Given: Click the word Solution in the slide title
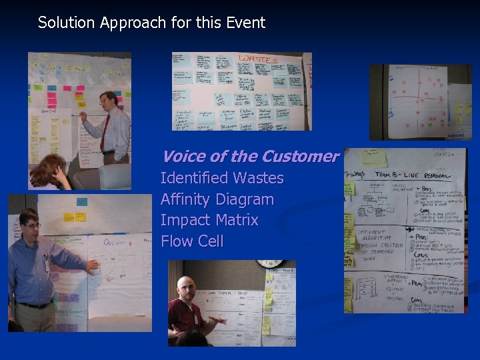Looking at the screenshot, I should point(67,23).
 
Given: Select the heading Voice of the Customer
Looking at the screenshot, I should point(250,157).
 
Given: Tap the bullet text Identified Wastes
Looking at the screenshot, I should point(222,179).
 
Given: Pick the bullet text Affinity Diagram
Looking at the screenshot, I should point(217,199).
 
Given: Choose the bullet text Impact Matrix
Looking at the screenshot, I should point(209,220).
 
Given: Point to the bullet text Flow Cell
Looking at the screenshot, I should point(192,241).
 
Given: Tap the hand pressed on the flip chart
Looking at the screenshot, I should point(93,265).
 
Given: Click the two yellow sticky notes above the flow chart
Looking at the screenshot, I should point(74,217).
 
